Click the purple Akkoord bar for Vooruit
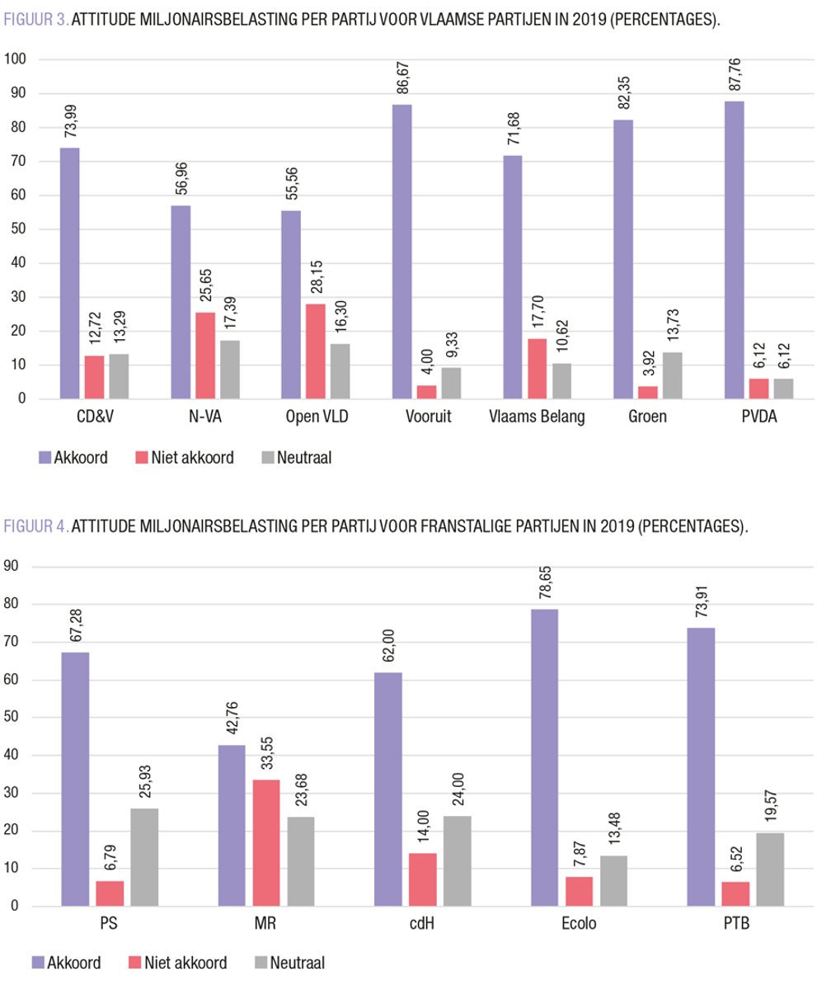click(x=401, y=252)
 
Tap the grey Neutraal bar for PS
click(x=145, y=857)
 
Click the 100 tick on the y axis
click(x=16, y=59)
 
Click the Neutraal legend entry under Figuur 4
click(x=293, y=962)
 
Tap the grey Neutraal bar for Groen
click(x=672, y=376)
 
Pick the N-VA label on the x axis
click(x=205, y=417)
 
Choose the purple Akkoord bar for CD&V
click(x=70, y=273)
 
